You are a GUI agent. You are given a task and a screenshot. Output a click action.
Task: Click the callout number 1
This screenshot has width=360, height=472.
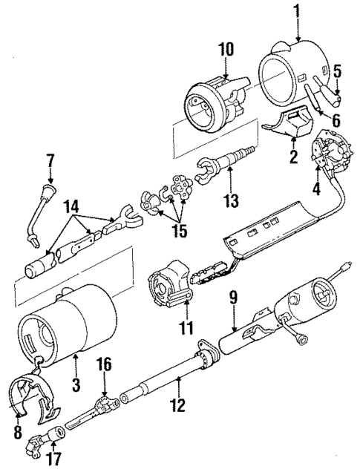[x=297, y=12]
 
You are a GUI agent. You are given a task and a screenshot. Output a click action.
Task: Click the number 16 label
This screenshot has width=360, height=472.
[x=105, y=364]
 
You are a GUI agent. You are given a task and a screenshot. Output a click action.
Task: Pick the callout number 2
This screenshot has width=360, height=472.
[x=294, y=157]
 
